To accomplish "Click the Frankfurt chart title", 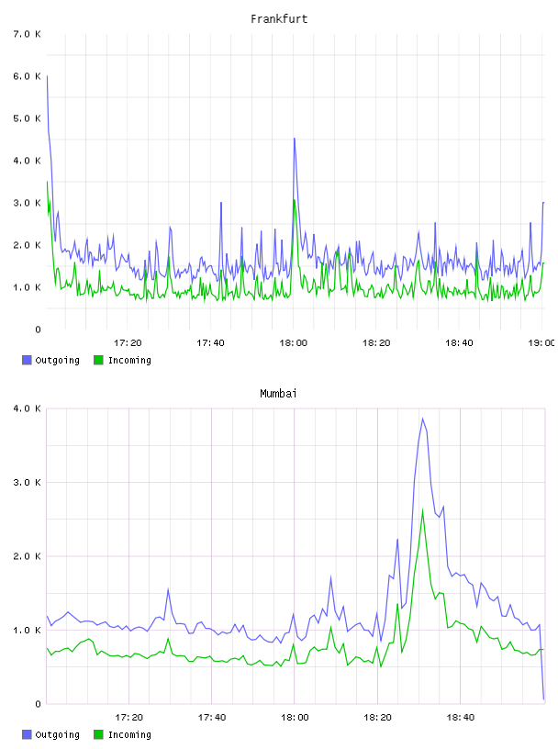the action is (x=279, y=19).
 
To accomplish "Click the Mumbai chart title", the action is (x=278, y=394).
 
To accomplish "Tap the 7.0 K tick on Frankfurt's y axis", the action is (x=28, y=34).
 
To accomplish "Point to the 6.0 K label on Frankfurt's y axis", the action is (x=28, y=76).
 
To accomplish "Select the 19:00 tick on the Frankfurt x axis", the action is (x=541, y=343).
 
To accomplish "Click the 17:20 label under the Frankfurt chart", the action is (x=128, y=343).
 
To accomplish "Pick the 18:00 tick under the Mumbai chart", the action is (x=295, y=718).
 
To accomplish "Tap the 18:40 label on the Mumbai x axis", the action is (x=461, y=718).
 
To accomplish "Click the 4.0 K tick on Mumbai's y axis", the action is (x=28, y=408).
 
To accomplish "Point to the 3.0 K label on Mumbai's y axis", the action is (x=28, y=483).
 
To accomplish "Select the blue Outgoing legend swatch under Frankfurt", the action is (x=27, y=360).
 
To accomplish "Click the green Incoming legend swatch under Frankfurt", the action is (x=98, y=360).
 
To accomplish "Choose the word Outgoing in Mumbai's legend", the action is (x=57, y=734).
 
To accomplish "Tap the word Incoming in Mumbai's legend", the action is (x=129, y=734).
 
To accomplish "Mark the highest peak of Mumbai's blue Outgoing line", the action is (x=422, y=419).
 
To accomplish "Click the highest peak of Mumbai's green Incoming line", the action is (x=422, y=510).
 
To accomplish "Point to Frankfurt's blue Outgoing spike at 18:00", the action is (x=295, y=139).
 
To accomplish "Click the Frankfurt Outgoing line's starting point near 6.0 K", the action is (x=47, y=76).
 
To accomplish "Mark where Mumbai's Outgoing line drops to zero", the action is (x=543, y=699).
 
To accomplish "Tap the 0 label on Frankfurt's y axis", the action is (x=39, y=330).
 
